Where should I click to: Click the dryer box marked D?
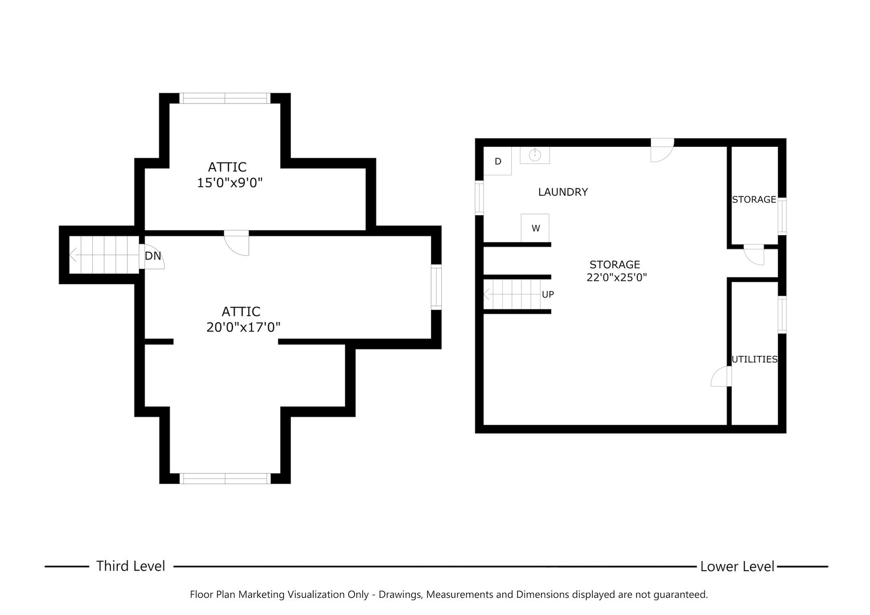point(498,161)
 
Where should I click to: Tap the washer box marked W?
point(535,228)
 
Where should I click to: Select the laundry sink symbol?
point(535,155)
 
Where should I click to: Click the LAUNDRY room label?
point(563,192)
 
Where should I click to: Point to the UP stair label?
point(548,294)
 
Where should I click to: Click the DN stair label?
point(153,256)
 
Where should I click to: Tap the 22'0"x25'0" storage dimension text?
point(617,278)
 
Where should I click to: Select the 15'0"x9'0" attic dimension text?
point(229,183)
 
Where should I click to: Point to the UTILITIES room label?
point(754,359)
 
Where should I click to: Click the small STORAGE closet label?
point(754,199)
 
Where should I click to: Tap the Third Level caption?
point(130,566)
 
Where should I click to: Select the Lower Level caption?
point(737,567)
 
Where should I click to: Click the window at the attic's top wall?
point(225,98)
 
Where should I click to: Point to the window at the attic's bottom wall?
point(225,478)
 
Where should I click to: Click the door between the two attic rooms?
point(236,242)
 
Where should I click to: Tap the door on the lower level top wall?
point(662,150)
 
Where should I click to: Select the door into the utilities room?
point(721,377)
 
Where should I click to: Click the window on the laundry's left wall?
point(479,198)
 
